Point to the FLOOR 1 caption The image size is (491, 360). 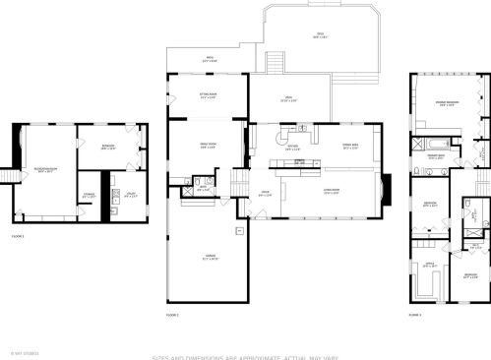pyautogui.click(x=18, y=237)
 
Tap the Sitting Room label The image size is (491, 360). pyautogui.click(x=208, y=96)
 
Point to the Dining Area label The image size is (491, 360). pyautogui.click(x=349, y=146)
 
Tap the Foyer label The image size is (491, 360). pyautogui.click(x=265, y=194)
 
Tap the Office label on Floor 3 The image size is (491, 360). pyautogui.click(x=429, y=265)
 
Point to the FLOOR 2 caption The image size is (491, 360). pyautogui.click(x=173, y=315)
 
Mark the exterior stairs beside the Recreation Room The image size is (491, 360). pyautogui.click(x=13, y=175)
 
